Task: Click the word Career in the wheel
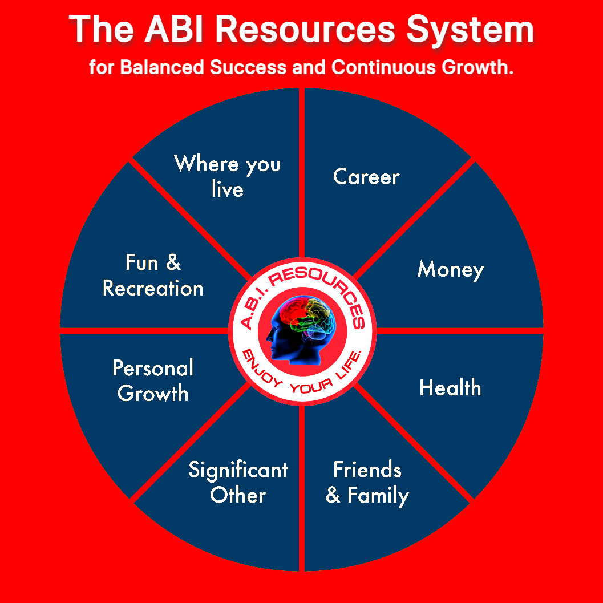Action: click(x=366, y=177)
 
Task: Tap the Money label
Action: click(x=450, y=270)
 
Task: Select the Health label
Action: click(x=450, y=387)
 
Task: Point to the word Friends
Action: click(x=367, y=469)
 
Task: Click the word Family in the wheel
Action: click(x=378, y=496)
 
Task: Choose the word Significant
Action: click(x=238, y=471)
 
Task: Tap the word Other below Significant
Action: click(x=238, y=495)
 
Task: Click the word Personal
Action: click(x=153, y=368)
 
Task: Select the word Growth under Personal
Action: click(x=153, y=394)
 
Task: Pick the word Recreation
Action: click(x=153, y=289)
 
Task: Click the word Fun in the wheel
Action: click(x=141, y=262)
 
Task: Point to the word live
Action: click(x=227, y=189)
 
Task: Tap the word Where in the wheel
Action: click(x=207, y=163)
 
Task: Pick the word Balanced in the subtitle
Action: click(x=162, y=67)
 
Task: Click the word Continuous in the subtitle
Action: click(x=383, y=67)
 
